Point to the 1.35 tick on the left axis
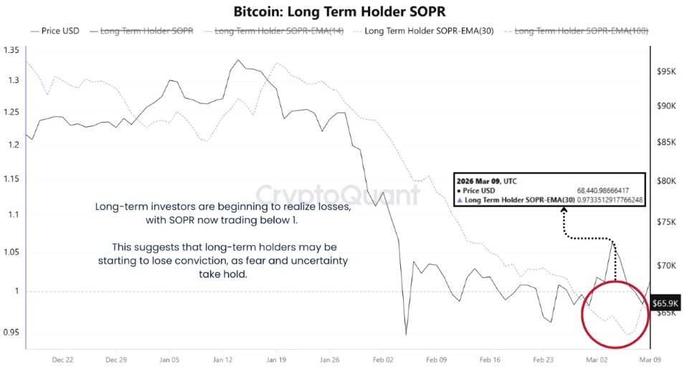[11, 50]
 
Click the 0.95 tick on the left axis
[11, 332]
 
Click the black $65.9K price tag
[664, 303]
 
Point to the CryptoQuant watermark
[338, 195]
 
